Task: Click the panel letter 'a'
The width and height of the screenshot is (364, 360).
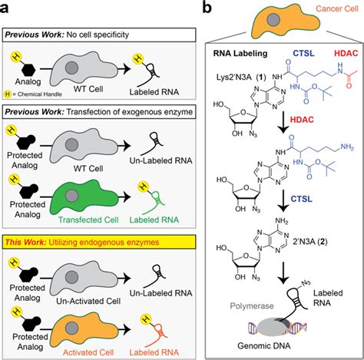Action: click(x=8, y=8)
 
